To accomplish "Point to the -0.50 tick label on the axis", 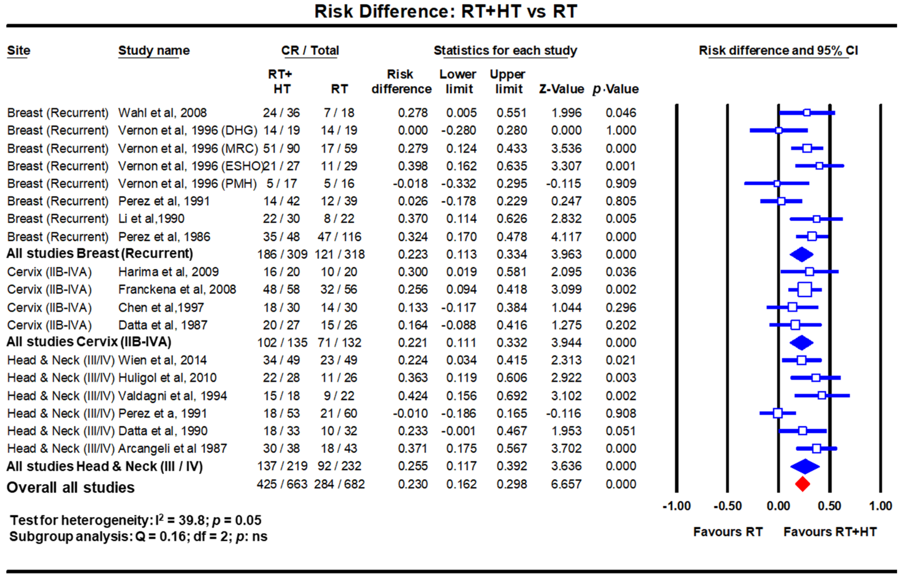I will [x=727, y=506].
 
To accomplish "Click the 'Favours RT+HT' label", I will [x=830, y=532].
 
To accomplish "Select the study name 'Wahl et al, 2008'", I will [x=162, y=113].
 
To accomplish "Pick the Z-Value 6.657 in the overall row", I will [x=566, y=484].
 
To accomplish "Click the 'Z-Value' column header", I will [x=561, y=89].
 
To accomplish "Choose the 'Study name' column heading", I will [x=154, y=50].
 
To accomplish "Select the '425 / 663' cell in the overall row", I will [x=282, y=484].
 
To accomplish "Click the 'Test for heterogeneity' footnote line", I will [x=135, y=520].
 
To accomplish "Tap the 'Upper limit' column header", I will [x=508, y=81].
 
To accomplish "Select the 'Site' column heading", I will [x=19, y=50].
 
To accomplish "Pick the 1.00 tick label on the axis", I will [x=880, y=506].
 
